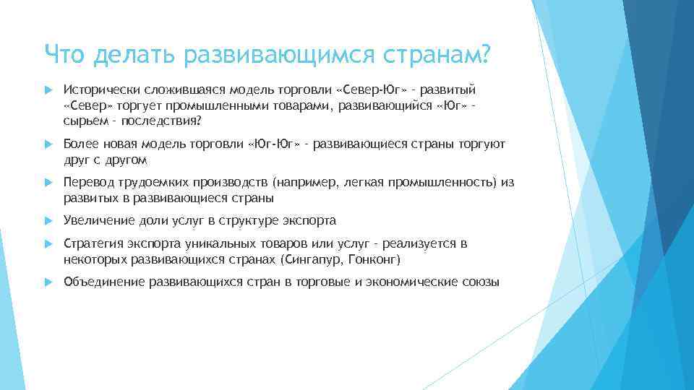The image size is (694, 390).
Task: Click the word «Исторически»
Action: (x=97, y=90)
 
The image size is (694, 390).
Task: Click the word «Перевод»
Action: (x=87, y=183)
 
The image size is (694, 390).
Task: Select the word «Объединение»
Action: (x=103, y=282)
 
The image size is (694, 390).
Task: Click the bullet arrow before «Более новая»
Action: (x=48, y=145)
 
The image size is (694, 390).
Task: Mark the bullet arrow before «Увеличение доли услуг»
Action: (x=48, y=221)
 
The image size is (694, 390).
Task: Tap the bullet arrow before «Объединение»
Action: (x=48, y=282)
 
